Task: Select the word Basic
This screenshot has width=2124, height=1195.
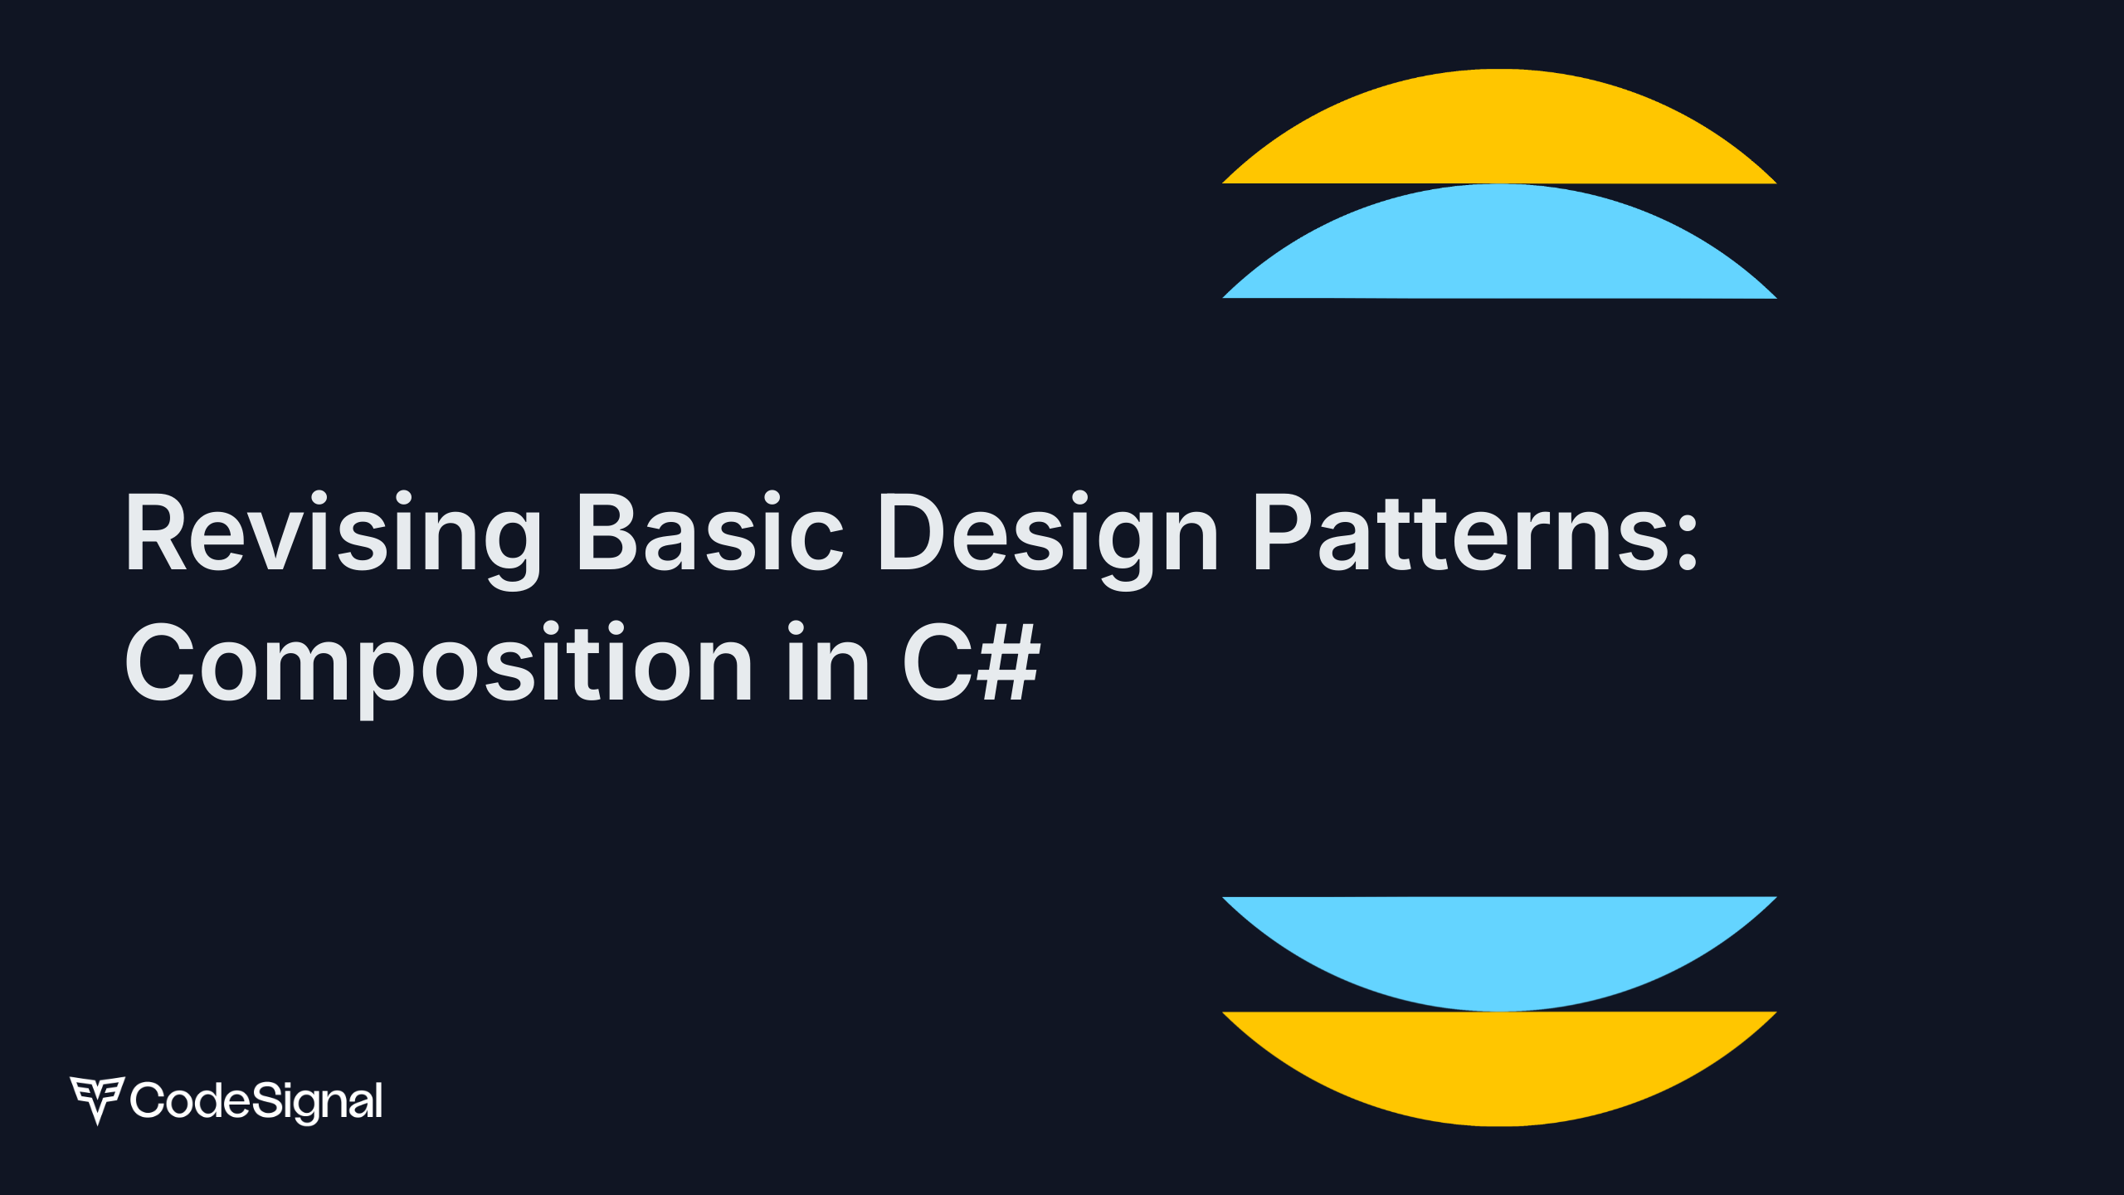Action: [710, 532]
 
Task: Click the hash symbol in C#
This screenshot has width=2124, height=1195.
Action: [1008, 662]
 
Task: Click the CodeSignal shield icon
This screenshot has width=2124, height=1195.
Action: [97, 1099]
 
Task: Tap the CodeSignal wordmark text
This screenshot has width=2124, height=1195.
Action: [256, 1101]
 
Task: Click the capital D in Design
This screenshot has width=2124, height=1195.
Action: [912, 532]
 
